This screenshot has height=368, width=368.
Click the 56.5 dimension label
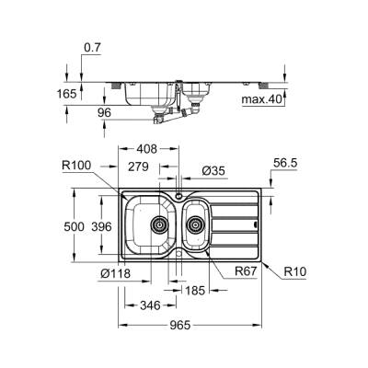pos(284,163)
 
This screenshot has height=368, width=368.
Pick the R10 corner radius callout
pos(294,273)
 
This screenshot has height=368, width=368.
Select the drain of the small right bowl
pos(194,223)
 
